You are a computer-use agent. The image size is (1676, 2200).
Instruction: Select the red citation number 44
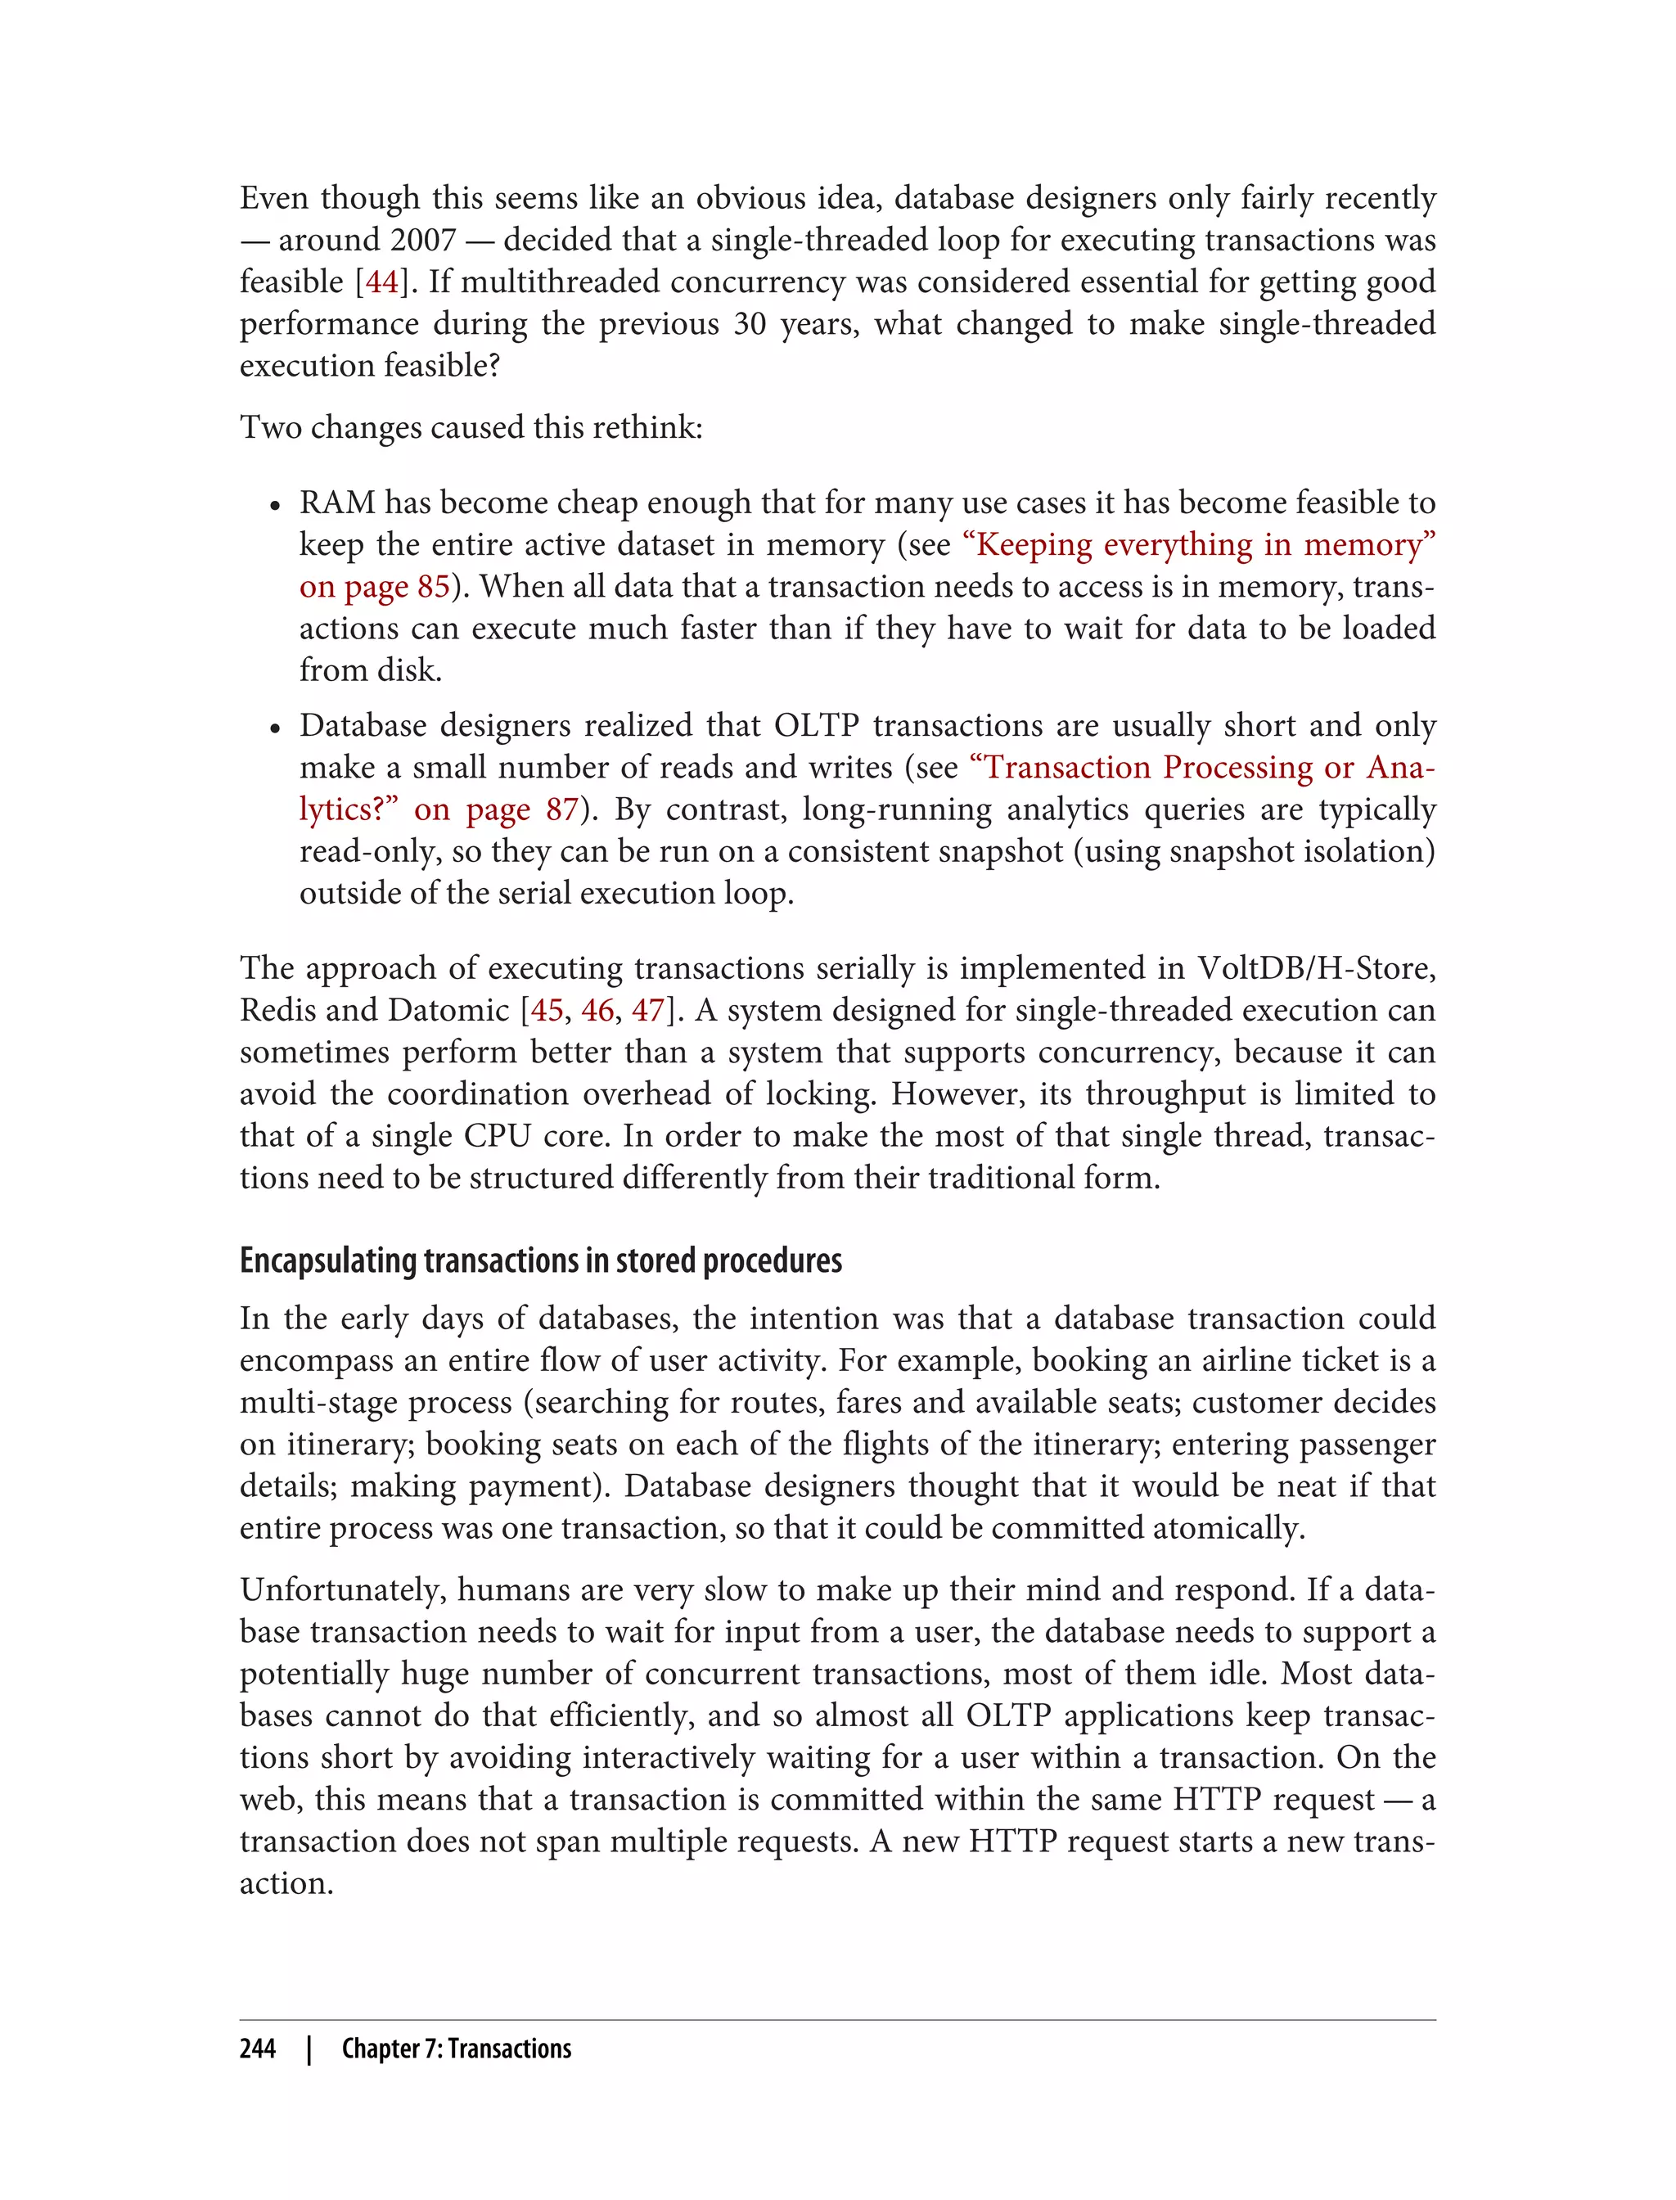point(382,282)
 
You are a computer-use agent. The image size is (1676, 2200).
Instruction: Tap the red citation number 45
point(547,1010)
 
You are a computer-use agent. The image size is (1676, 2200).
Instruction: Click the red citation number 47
point(648,1010)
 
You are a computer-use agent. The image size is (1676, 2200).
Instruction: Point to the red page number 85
point(433,587)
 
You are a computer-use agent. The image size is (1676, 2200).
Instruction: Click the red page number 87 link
point(561,809)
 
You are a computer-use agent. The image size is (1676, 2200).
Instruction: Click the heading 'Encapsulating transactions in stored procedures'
point(541,1261)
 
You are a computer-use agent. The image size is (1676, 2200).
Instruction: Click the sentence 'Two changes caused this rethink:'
point(471,428)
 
